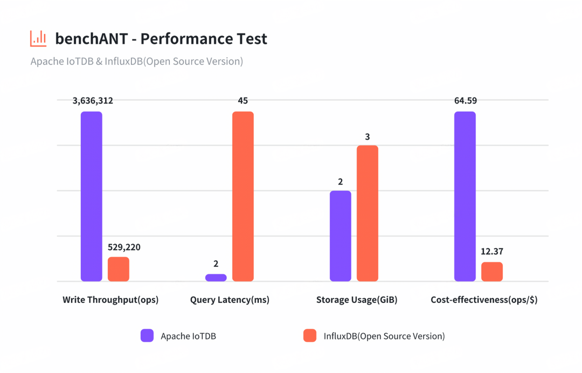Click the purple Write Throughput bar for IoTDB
point(92,196)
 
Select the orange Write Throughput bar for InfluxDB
point(119,269)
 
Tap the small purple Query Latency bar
point(216,278)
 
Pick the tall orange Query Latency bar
point(243,196)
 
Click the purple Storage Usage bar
point(340,236)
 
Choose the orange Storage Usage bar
point(368,213)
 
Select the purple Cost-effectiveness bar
point(465,196)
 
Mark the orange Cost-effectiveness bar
point(492,272)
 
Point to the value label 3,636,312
point(93,101)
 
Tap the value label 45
point(242,101)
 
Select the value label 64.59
point(466,101)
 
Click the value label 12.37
point(492,252)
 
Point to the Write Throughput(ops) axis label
point(110,300)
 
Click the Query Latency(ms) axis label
point(230,300)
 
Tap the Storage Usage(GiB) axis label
point(357,300)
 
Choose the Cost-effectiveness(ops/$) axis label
point(484,300)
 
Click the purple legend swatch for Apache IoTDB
point(147,336)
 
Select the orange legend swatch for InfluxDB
point(310,336)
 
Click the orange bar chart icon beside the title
point(38,39)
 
